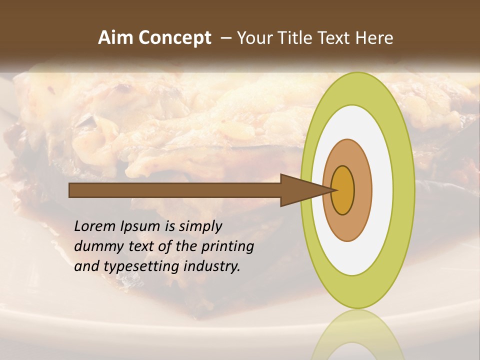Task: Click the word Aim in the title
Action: pos(116,38)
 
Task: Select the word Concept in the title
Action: pos(174,38)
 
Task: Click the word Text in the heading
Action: pos(335,38)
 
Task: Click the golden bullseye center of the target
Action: pos(343,190)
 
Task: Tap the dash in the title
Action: pos(226,38)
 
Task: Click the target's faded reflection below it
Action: pos(358,335)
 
